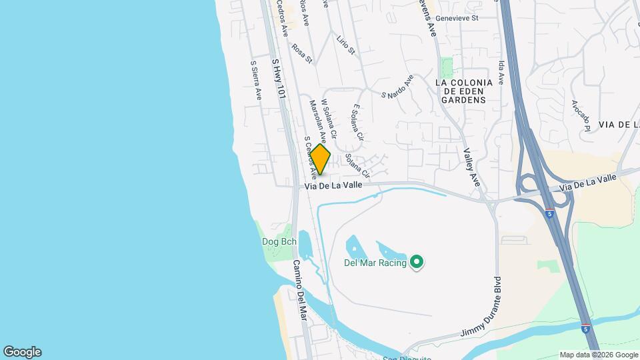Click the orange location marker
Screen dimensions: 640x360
click(x=320, y=159)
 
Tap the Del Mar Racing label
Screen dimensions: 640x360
click(x=375, y=262)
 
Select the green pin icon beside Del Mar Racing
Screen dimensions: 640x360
click(x=417, y=261)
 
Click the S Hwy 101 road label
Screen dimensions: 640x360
click(x=279, y=79)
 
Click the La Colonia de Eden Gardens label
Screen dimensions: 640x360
click(x=463, y=91)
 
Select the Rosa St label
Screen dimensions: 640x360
click(x=302, y=53)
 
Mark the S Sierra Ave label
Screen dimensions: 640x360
click(x=256, y=81)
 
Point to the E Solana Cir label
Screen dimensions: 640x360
click(x=357, y=121)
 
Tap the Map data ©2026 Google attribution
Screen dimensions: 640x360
click(x=599, y=355)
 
